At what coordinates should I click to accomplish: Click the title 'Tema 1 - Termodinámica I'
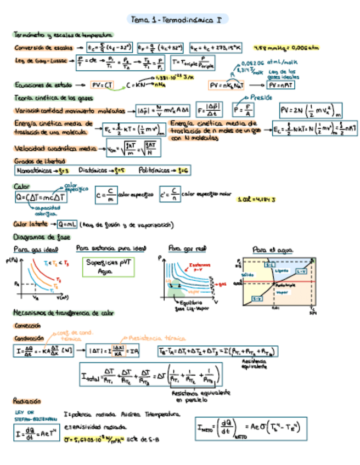177,20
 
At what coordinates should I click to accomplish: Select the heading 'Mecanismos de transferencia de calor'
63,313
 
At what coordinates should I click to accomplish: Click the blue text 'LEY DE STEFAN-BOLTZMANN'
27,416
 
